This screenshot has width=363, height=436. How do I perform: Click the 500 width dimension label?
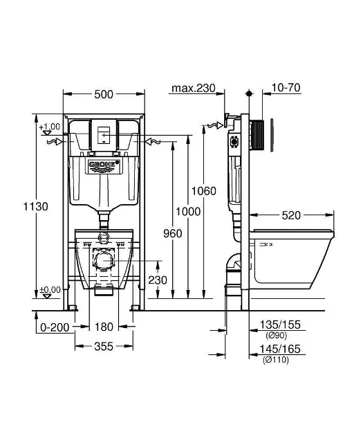pos(104,94)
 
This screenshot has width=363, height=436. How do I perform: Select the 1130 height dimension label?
pos(36,207)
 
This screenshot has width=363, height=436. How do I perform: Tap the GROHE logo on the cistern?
pos(104,164)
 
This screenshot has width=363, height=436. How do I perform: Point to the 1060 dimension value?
pos(204,191)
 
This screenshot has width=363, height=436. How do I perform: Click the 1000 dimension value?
pos(188,212)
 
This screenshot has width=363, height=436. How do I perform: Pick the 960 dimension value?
pos(172,234)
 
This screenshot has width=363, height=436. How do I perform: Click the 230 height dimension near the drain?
pos(158,280)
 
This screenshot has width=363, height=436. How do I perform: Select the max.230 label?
pos(194,88)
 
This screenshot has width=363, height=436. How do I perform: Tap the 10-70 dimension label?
pos(286,88)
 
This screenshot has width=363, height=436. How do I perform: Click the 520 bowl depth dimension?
pos(291,215)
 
